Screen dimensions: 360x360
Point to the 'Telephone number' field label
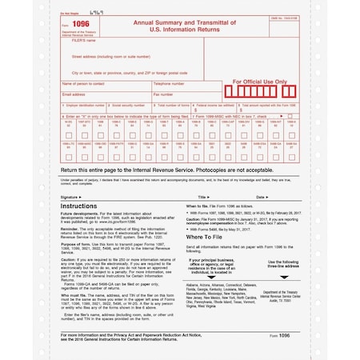[x=170, y=83]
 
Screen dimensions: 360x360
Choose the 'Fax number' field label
[x=163, y=94]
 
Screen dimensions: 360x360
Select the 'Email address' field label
[x=74, y=94]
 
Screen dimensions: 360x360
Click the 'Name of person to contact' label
[x=86, y=83]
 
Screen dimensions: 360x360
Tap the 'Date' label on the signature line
[x=261, y=196]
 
